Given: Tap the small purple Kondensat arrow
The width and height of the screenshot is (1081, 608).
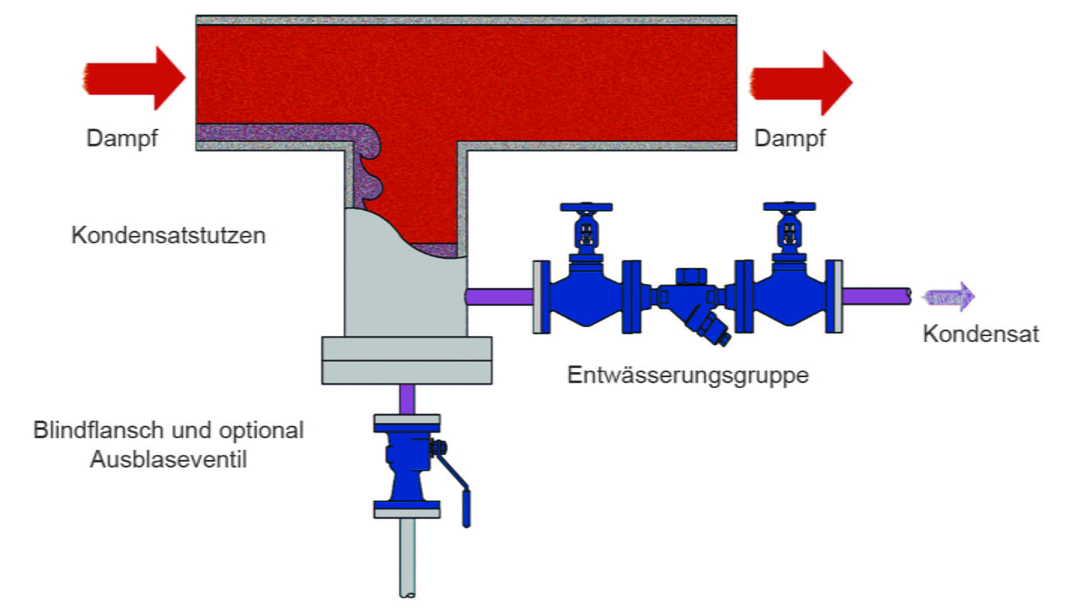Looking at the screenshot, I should (x=950, y=296).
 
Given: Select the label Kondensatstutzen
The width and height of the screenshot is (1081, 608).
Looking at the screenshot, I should (x=168, y=236).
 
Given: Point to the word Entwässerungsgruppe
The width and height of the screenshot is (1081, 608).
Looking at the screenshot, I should (x=688, y=375).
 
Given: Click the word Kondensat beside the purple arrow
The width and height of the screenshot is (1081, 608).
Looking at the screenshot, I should (x=980, y=334).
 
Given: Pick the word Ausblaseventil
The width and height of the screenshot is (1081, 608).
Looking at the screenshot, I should (x=168, y=459).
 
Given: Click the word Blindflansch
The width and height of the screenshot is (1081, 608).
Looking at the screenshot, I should (x=98, y=430).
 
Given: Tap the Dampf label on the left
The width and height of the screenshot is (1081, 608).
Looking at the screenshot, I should (x=122, y=139).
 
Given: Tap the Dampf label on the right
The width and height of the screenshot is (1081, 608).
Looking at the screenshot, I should (x=790, y=139).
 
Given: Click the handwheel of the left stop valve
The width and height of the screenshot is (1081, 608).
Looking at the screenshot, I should (x=586, y=206).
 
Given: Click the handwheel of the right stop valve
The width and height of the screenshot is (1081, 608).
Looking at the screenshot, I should (x=788, y=206).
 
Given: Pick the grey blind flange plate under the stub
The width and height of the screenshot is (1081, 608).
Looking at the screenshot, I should (x=407, y=360).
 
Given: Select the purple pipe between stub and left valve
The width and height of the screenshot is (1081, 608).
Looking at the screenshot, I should (x=499, y=296).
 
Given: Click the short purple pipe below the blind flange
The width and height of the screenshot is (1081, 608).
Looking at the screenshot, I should (x=407, y=399).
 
